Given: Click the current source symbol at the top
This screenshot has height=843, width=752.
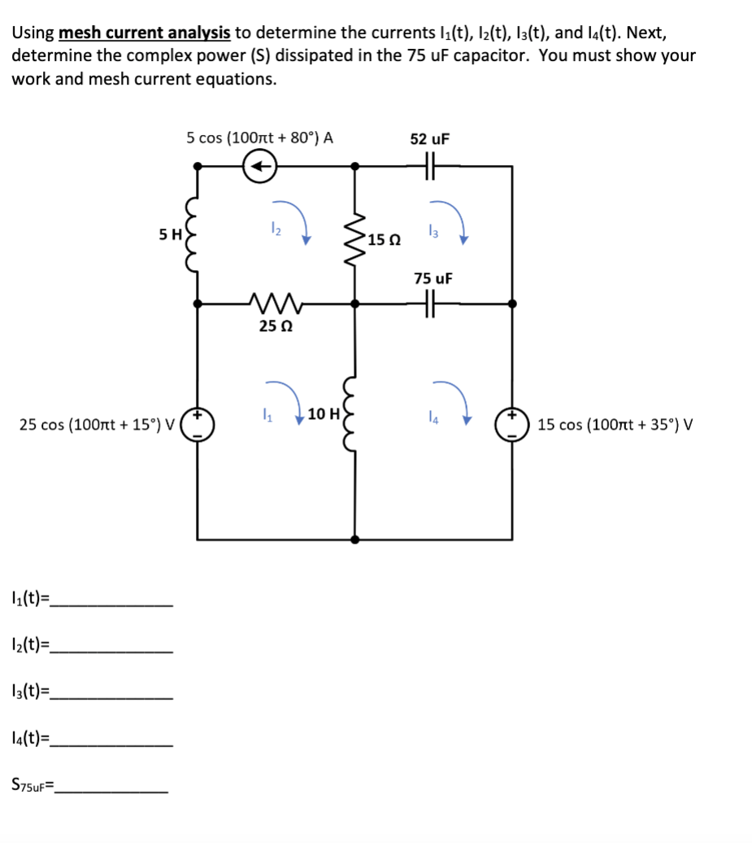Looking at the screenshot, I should coord(260,166).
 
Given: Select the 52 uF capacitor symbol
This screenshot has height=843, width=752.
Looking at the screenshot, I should coord(430,166).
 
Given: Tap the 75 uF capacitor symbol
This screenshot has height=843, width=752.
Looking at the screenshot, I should coord(430,304).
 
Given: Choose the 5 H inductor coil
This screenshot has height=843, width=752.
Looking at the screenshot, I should coord(195,234).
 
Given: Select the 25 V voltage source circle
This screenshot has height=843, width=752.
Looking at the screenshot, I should coord(197,424).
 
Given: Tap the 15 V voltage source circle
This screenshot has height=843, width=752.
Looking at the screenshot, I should coord(512,424).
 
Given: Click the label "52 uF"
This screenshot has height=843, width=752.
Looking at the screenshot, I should coord(430,138).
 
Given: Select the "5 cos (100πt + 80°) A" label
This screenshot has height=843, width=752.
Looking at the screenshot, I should coord(259,138).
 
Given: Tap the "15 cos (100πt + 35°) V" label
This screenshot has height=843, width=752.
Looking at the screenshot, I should coord(615,424).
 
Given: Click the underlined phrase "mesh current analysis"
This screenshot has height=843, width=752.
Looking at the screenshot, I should coord(145,33).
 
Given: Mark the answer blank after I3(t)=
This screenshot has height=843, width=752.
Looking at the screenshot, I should coord(111,697).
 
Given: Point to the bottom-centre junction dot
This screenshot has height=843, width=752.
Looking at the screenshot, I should coord(354,539).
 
